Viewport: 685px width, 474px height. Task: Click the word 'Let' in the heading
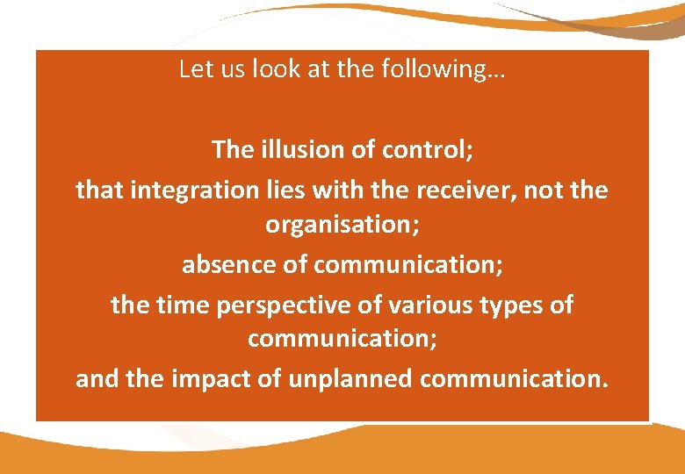pyautogui.click(x=193, y=69)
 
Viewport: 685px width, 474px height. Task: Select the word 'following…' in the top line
pyautogui.click(x=449, y=69)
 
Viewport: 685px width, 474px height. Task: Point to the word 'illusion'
pyautogui.click(x=299, y=149)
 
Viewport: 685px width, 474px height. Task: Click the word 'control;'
pyautogui.click(x=428, y=149)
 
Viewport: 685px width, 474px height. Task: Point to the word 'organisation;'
pyautogui.click(x=342, y=225)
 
